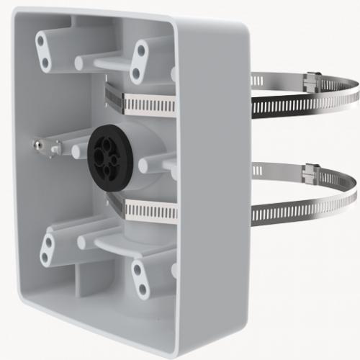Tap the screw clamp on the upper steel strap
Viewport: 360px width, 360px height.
(312, 81)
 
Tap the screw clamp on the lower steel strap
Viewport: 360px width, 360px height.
(310, 174)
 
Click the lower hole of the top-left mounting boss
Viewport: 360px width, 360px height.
(46, 63)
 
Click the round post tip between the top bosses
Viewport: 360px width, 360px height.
(78, 63)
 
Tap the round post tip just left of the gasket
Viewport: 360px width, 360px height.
(76, 152)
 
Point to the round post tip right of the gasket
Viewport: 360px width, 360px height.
(144, 166)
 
